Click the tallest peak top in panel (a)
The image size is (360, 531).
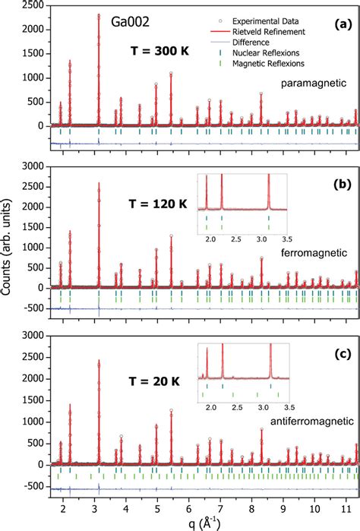coord(99,14)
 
